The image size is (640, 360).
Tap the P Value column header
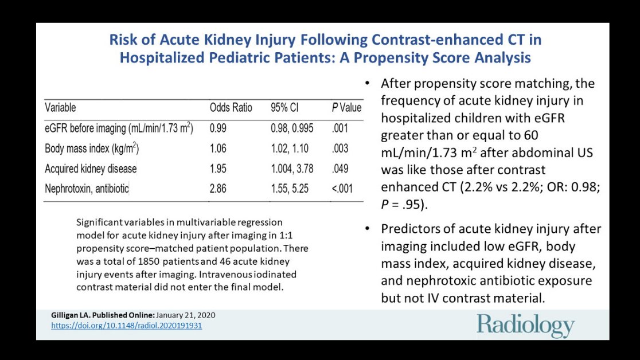click(346, 108)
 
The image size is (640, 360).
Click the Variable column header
click(60, 108)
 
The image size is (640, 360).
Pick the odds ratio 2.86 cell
click(218, 188)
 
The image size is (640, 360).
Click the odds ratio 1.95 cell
click(218, 169)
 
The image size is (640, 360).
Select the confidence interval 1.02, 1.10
click(289, 148)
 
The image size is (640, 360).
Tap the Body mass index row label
click(92, 149)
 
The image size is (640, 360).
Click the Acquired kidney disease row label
click(91, 169)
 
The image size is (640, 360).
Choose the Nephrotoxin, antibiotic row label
click(87, 188)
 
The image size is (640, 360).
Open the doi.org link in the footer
click(126, 326)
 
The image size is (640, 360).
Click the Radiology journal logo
click(525, 325)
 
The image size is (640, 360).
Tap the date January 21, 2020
click(187, 315)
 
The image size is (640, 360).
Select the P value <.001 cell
click(342, 188)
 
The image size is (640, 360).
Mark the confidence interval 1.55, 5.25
click(289, 188)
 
